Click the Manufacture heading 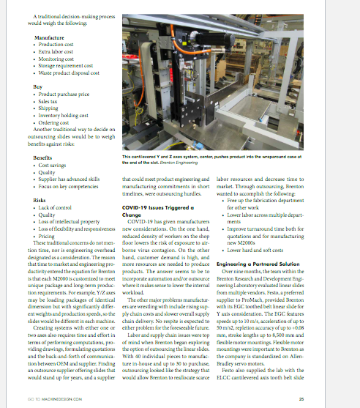click(x=49, y=37)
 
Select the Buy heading click(x=39, y=86)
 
